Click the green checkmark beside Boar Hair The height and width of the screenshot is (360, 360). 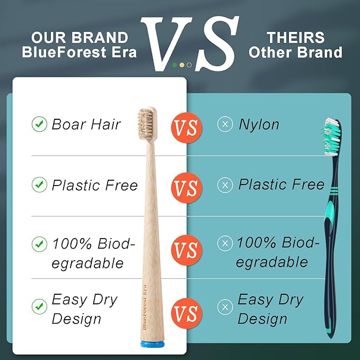(39, 124)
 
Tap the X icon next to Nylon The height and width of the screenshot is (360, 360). (225, 124)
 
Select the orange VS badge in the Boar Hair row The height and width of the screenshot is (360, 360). (186, 127)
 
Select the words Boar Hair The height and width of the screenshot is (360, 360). (86, 124)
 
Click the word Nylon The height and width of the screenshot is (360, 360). (259, 124)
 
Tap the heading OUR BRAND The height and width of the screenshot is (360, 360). (80, 38)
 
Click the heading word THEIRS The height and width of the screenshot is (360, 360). (296, 38)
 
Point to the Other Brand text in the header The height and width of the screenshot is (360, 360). (296, 52)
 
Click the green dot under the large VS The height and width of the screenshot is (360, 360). (175, 65)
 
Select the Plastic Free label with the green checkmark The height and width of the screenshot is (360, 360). (94, 185)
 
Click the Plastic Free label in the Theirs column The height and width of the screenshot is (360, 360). (281, 184)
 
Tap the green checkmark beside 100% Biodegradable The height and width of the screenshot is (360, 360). (39, 244)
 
